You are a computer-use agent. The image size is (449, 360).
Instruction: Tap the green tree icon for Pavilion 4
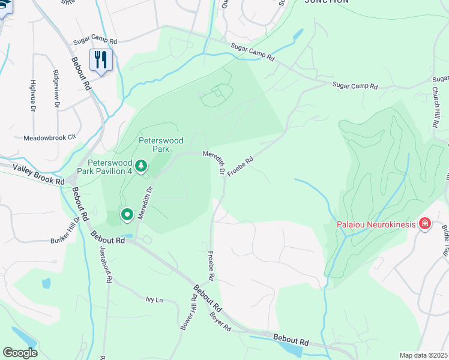[x=141, y=165]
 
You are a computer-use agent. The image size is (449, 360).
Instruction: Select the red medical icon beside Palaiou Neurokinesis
[x=425, y=224]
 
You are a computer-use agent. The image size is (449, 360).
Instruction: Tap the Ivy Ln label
[x=154, y=299]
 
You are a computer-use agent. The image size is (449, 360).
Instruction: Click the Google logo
[x=20, y=352]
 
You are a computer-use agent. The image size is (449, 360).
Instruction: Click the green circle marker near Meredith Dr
[x=127, y=214]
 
